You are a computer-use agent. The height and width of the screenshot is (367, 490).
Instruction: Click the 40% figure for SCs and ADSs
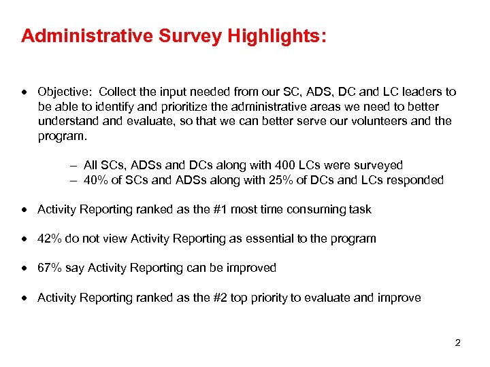click(x=96, y=180)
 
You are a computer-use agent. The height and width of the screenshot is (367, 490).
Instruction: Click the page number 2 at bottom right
click(x=457, y=343)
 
